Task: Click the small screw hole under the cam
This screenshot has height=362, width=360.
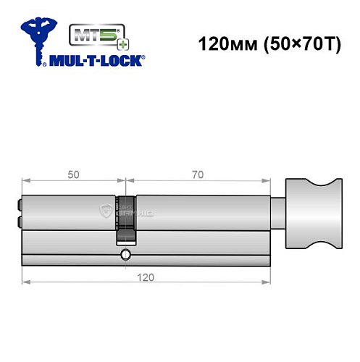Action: (x=126, y=255)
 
